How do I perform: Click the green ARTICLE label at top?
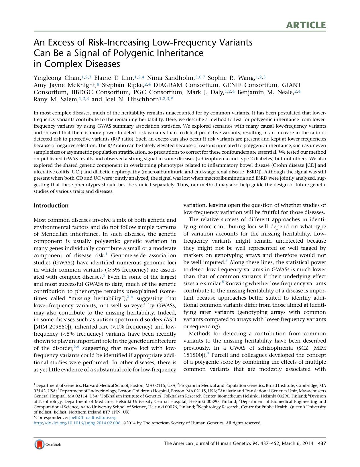coord(306,25)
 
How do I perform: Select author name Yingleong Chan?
coord(56,78)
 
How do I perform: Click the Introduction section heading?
coord(51,205)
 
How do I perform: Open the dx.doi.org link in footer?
coord(77,423)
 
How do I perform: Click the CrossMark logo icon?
coord(40,444)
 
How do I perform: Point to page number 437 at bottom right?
coord(322,444)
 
